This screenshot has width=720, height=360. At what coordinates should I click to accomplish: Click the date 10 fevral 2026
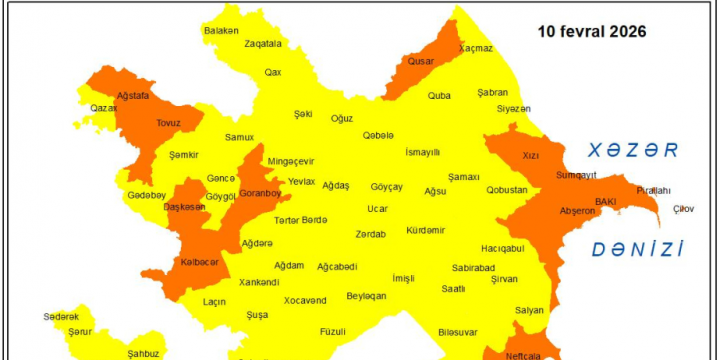(591, 31)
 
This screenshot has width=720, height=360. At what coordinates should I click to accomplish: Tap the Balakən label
(222, 31)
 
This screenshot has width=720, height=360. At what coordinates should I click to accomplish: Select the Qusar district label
(420, 61)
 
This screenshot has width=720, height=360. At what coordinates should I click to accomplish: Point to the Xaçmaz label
(476, 48)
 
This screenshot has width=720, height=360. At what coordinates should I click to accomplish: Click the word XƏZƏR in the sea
(633, 151)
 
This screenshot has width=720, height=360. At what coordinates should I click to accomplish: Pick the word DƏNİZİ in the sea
(637, 249)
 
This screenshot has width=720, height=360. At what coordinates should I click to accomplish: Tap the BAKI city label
(606, 201)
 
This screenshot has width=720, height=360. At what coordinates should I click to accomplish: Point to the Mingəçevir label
(290, 161)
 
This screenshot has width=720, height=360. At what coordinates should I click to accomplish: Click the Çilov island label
(683, 208)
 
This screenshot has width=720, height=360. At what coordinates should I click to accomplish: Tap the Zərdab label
(370, 234)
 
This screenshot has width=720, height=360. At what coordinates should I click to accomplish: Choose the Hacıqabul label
(502, 248)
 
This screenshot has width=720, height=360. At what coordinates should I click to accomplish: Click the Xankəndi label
(259, 282)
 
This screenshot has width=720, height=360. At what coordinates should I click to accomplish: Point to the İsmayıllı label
(422, 152)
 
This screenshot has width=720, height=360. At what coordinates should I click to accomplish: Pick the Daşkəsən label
(185, 207)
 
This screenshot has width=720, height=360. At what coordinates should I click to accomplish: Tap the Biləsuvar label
(458, 331)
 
